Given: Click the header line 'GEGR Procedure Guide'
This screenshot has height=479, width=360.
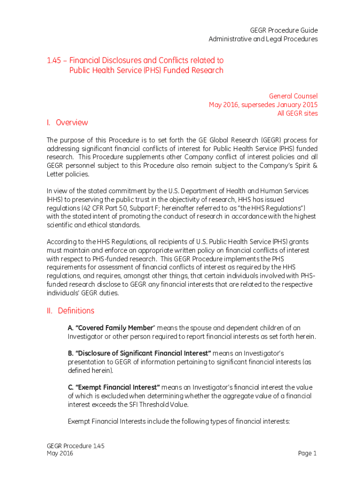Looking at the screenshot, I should [x=284, y=30].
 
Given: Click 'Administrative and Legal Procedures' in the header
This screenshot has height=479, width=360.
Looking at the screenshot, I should [x=263, y=39].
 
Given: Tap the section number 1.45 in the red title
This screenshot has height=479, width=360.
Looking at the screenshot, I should [x=54, y=60].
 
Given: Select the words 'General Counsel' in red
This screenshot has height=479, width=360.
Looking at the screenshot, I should [x=293, y=96].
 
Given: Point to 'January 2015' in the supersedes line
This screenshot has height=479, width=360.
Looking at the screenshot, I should [x=296, y=105].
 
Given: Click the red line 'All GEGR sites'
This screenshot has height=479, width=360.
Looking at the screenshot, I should [x=297, y=114].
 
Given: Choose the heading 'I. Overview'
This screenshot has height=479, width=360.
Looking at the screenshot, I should [x=67, y=123].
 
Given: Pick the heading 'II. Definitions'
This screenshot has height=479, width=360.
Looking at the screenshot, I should [x=71, y=311].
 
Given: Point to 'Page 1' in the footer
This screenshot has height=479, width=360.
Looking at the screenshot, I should [x=307, y=453].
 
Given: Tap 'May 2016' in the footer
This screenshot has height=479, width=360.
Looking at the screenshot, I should [x=60, y=454].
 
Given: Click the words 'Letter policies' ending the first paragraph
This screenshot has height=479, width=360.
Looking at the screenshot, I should [x=67, y=174].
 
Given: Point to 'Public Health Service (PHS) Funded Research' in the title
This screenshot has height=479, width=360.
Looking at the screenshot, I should [x=146, y=71].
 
